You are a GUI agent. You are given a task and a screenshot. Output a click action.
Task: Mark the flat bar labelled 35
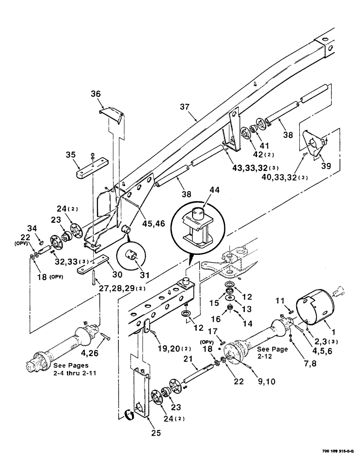click(92, 168)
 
